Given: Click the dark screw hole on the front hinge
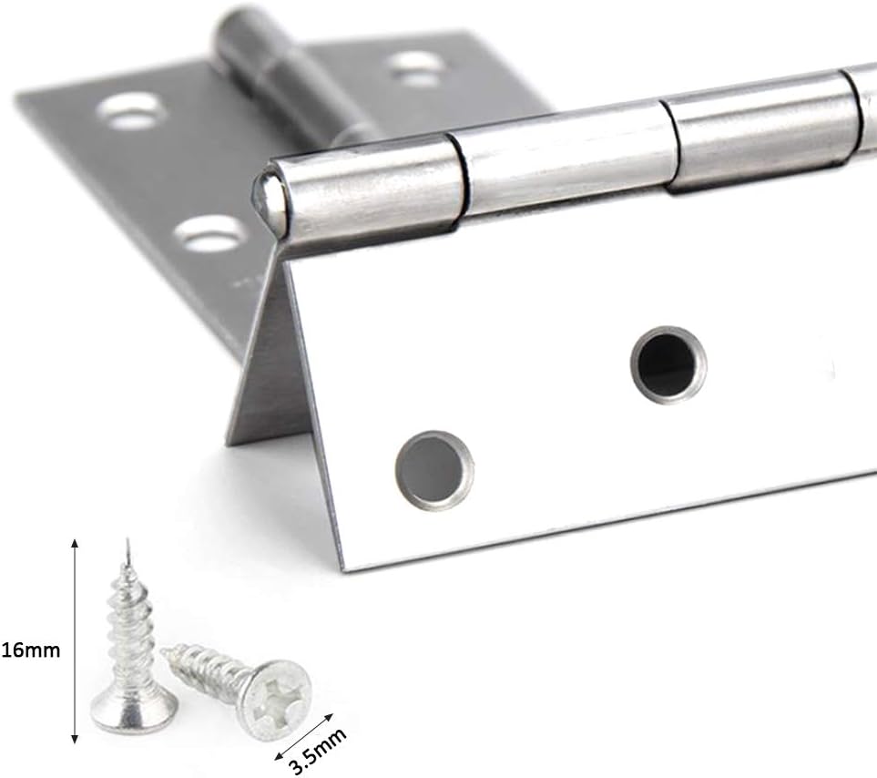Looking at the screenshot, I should [668, 364].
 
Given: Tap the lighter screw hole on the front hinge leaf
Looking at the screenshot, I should [434, 469].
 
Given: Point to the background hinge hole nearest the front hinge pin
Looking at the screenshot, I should [211, 234].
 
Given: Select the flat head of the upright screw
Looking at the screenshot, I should [133, 711].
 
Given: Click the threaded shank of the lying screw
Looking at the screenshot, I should [205, 670].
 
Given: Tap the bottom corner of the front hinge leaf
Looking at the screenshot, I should [345, 567].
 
